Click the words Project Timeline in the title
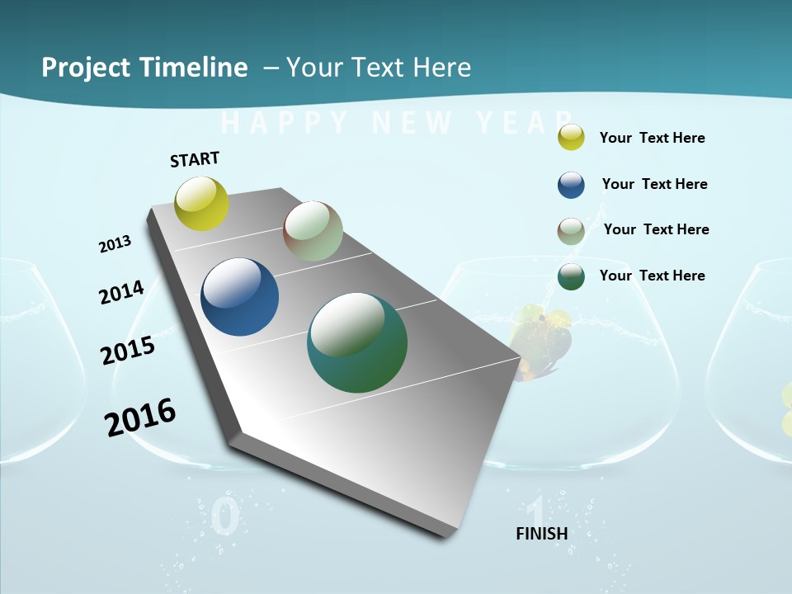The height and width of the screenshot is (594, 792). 144,68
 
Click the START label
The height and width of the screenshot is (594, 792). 195,159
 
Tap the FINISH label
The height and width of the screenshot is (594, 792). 542,534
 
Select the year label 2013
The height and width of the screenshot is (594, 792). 115,244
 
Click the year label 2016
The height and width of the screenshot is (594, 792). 140,417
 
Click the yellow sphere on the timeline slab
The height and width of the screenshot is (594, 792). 201,203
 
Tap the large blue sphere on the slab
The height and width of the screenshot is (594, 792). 239,297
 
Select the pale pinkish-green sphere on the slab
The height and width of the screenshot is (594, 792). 313,231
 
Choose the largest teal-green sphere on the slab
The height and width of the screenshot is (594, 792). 357,342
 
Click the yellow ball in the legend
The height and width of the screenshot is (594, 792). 571,138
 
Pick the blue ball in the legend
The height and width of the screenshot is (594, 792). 571,185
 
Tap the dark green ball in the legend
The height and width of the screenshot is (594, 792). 571,276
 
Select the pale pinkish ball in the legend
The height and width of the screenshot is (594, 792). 571,230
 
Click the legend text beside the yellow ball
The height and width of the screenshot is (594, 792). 652,138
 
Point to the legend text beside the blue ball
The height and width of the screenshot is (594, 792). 654,184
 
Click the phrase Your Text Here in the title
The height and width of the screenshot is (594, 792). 379,68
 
